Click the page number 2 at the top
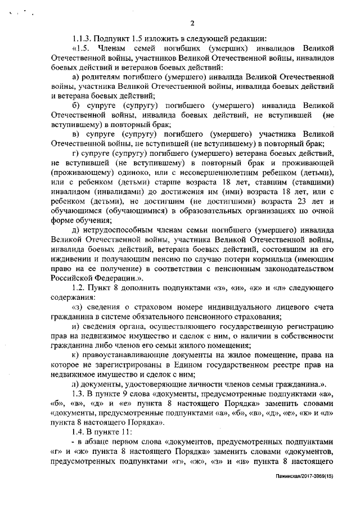click(x=192, y=23)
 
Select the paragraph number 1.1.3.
click(x=84, y=39)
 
